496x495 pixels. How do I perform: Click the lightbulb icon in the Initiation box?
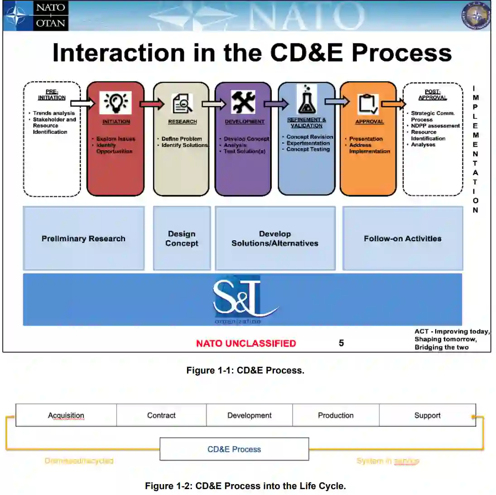click(115, 102)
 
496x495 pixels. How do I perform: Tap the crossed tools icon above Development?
click(243, 102)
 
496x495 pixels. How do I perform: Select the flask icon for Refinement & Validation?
click(307, 100)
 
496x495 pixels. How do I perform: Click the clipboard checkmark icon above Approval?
click(369, 104)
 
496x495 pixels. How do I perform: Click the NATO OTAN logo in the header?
click(36, 16)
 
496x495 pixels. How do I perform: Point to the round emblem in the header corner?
click(475, 16)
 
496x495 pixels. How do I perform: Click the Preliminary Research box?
click(84, 238)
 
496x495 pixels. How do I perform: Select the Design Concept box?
click(182, 238)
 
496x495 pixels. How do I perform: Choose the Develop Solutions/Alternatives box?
click(275, 238)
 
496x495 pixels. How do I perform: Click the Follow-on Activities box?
click(403, 238)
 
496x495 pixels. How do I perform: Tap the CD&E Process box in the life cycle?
click(234, 449)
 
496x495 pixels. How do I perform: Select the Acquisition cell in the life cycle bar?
click(66, 415)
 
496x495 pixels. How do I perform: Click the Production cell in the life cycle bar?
click(336, 415)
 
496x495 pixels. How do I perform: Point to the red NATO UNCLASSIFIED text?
click(246, 344)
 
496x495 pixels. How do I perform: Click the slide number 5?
click(342, 343)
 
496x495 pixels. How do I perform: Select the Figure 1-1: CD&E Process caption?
click(246, 370)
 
